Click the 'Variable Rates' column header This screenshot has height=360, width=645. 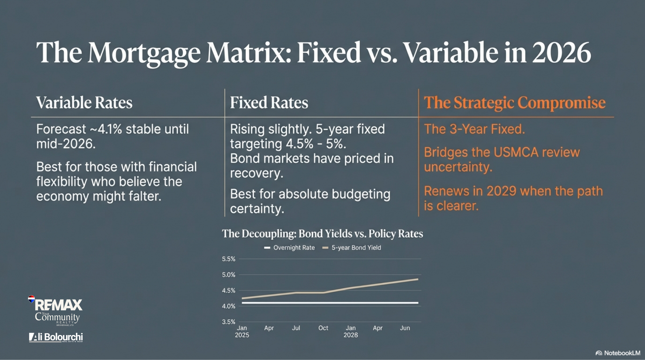[x=84, y=103]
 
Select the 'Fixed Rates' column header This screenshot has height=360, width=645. [x=269, y=103]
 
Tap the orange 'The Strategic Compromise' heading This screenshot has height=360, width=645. [x=515, y=103]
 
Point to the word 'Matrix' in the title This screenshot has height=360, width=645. [x=249, y=52]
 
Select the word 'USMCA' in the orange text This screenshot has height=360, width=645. [x=516, y=152]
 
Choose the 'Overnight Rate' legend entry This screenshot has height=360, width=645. [x=289, y=247]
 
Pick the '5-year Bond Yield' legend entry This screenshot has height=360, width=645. [x=352, y=247]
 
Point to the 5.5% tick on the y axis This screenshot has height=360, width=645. [x=229, y=259]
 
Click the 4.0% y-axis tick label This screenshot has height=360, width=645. [x=229, y=306]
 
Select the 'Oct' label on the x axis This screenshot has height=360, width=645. [x=323, y=328]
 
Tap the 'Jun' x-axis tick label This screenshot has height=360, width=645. [x=405, y=328]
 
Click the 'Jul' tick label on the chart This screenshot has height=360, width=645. [x=296, y=328]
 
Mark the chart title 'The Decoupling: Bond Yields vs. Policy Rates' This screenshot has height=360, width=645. [x=322, y=234]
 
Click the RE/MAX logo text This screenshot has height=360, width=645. [x=58, y=305]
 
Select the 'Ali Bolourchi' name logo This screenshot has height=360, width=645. [x=56, y=337]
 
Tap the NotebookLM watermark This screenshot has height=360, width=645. [x=618, y=353]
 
